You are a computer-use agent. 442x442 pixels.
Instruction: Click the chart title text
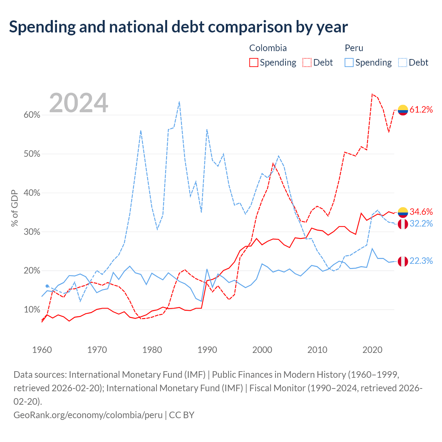(x=178, y=27)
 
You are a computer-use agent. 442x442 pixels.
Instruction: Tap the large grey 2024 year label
(x=78, y=103)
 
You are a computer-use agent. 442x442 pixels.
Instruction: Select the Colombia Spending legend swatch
(x=253, y=63)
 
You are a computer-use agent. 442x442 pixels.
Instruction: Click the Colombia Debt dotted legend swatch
(x=307, y=63)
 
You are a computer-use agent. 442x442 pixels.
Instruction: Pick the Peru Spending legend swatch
(x=349, y=63)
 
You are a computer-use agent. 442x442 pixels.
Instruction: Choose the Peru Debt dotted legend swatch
(x=403, y=63)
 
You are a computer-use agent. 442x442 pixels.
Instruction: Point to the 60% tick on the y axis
(x=32, y=115)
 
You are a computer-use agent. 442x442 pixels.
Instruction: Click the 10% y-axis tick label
(x=32, y=309)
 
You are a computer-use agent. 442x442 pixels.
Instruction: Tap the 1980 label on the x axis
(x=152, y=350)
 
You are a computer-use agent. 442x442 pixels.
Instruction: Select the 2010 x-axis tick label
(x=317, y=350)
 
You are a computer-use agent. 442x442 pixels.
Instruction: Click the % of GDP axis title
(x=15, y=208)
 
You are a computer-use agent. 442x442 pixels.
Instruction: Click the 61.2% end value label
(x=421, y=110)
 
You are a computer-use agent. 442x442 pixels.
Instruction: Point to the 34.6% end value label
(x=421, y=212)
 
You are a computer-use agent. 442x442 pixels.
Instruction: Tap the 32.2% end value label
(x=421, y=224)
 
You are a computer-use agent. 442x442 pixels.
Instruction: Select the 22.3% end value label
(x=421, y=261)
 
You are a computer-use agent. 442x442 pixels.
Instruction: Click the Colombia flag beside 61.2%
(x=403, y=110)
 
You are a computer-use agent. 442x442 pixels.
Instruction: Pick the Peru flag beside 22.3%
(x=403, y=261)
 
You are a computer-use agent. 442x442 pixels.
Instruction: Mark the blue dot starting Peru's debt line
(x=47, y=286)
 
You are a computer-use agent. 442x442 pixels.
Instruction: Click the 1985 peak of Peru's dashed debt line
(x=179, y=102)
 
